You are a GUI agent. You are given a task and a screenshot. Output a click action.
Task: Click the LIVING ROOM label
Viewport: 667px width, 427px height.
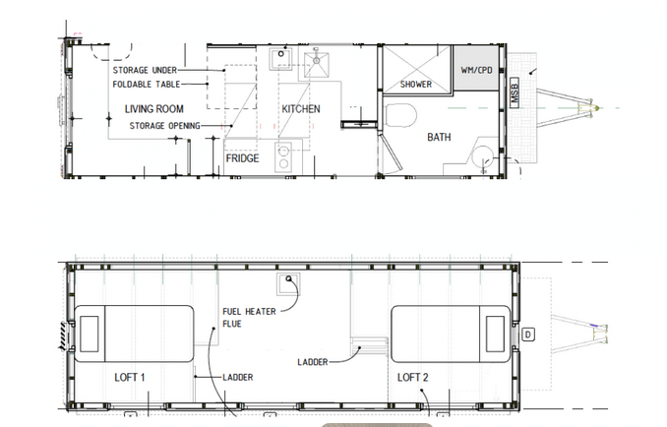click(153, 108)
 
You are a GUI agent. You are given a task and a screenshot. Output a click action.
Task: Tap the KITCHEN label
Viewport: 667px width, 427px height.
click(301, 108)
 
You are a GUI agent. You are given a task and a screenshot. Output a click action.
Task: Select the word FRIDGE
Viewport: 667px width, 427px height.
click(242, 157)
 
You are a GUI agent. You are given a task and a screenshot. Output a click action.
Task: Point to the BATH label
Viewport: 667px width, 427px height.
click(439, 138)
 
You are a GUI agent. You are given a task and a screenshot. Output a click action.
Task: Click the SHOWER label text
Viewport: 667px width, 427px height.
click(416, 85)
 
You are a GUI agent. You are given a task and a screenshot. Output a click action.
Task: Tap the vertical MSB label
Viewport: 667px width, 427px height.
click(515, 94)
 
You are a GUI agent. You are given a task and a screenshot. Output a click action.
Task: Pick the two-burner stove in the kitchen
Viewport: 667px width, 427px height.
click(283, 157)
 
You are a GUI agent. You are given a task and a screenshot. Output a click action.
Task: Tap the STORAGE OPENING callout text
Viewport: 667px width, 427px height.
click(165, 126)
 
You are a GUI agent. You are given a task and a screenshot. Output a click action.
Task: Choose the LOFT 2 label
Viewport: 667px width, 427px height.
click(412, 378)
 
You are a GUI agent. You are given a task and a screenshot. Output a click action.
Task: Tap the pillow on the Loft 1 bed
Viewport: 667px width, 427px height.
click(90, 331)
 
